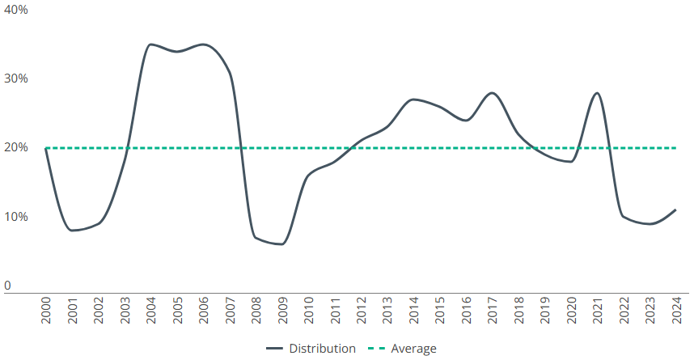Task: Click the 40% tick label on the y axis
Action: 16,10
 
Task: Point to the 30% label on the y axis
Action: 16,78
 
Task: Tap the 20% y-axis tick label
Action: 16,148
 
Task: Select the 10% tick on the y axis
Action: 16,217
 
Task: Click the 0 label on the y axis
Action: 7,286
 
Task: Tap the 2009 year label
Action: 282,310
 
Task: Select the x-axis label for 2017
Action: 492,310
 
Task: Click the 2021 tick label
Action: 597,310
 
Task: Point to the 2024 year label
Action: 676,310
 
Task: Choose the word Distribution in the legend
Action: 322,349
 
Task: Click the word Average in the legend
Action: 413,349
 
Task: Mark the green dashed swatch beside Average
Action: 375,349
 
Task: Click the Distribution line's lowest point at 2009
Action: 281,244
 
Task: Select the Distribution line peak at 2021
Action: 597,93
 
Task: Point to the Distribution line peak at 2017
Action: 492,93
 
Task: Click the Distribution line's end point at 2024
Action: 675,210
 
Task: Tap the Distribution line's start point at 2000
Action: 45,148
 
